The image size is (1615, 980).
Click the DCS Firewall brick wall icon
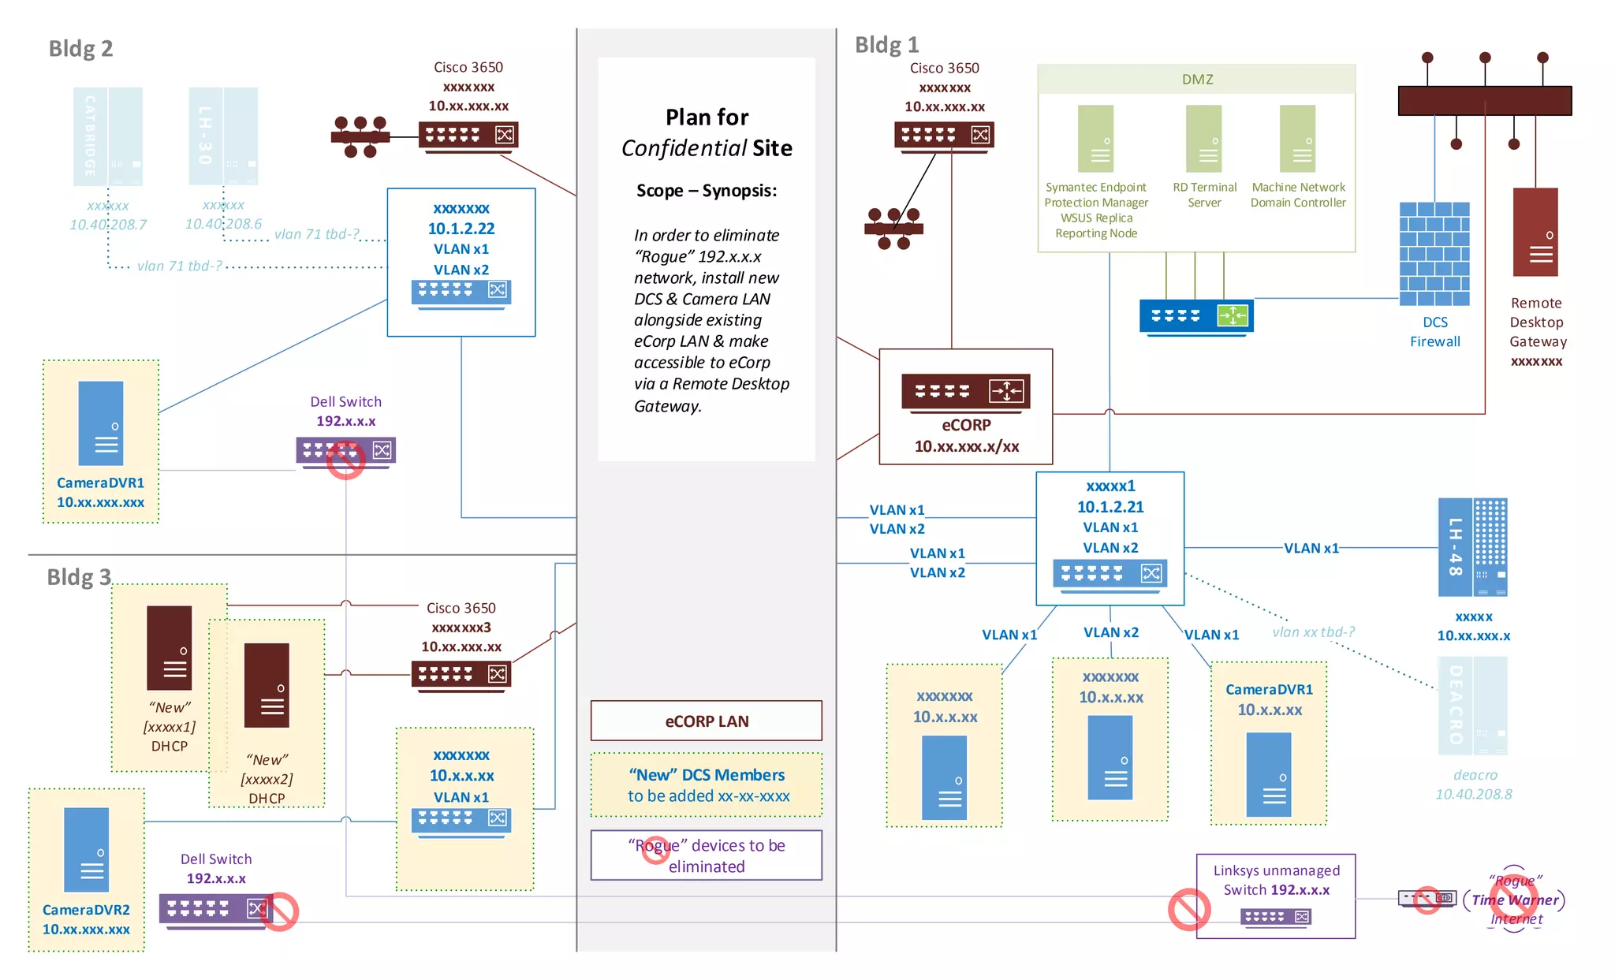pos(1434,254)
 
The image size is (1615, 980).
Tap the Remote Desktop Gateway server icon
pos(1535,232)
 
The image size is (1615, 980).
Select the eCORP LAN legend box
pos(706,721)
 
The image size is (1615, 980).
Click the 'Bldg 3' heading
pos(79,577)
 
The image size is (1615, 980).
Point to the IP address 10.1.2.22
pos(461,229)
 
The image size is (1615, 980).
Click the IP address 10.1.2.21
pos(1110,507)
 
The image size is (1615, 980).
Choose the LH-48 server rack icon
pos(1472,547)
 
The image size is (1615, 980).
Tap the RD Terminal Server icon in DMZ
pos(1203,139)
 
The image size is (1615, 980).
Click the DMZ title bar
pos(1196,80)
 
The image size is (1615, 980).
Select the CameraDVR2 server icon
pos(87,849)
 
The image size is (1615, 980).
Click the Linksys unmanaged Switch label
pos(1276,880)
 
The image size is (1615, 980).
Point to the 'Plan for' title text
pos(707,117)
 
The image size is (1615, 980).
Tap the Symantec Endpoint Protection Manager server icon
pos(1095,139)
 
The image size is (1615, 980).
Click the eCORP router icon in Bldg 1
pos(966,392)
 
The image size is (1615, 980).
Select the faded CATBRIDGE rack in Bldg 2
pos(108,136)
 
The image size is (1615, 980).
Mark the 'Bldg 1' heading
pos(886,45)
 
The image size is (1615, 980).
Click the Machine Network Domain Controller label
pos(1298,195)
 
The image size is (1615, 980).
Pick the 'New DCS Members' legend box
pos(706,784)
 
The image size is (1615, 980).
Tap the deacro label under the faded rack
pos(1475,775)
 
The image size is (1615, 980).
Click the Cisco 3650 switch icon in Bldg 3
pos(461,675)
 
